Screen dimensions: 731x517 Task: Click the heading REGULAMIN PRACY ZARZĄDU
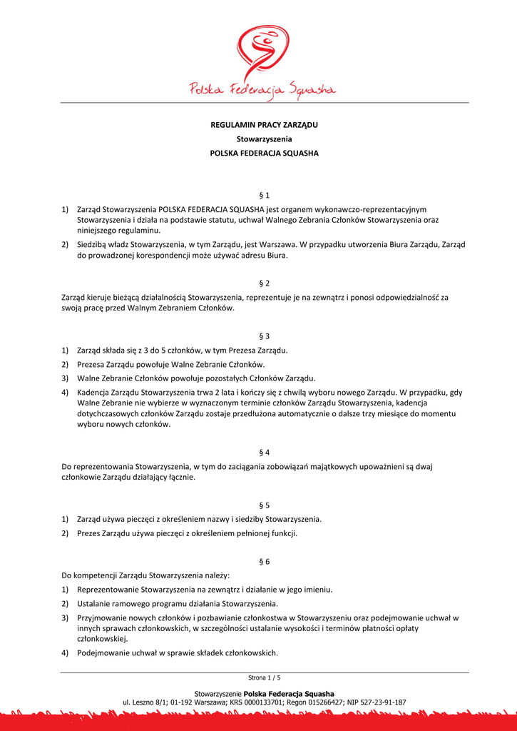tap(264, 125)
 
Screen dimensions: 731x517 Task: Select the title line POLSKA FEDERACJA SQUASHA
tap(264, 153)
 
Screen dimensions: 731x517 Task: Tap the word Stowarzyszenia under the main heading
tap(264, 139)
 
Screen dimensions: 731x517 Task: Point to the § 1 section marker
tap(264, 195)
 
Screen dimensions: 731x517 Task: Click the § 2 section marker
tap(264, 283)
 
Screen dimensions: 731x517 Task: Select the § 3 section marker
tap(264, 336)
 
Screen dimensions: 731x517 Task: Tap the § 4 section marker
tap(264, 452)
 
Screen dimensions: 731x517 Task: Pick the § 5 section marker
tap(264, 505)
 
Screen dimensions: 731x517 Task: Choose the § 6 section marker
tap(264, 562)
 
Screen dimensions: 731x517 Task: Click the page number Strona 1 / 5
tap(265, 677)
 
